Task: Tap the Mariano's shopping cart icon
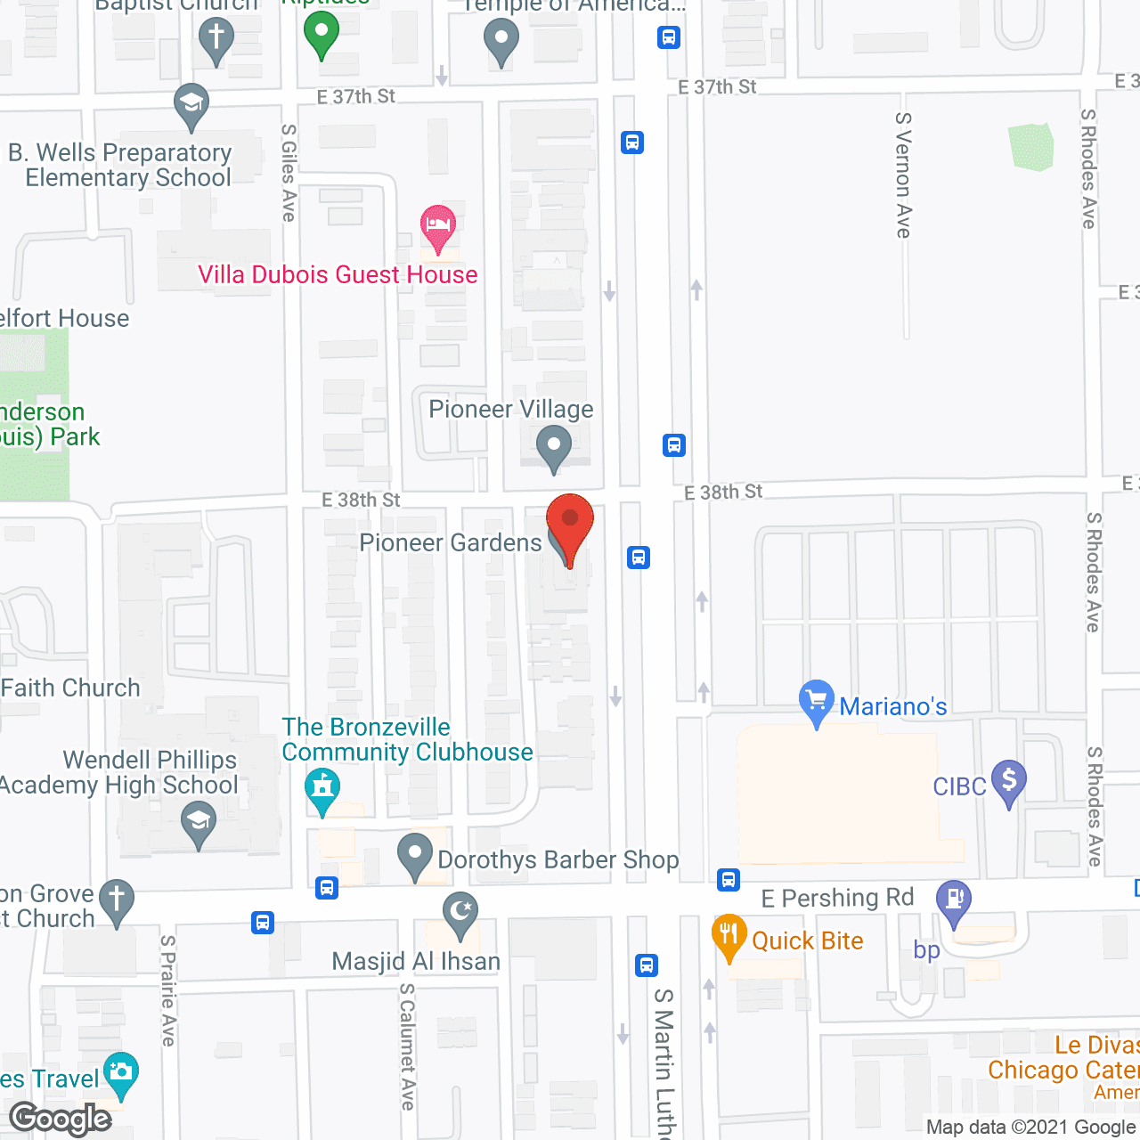[x=816, y=699]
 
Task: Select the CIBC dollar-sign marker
[x=1008, y=781]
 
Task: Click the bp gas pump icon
[x=954, y=900]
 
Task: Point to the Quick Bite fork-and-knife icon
[x=729, y=935]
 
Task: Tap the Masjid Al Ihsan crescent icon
[x=460, y=913]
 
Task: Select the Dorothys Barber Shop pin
[x=414, y=854]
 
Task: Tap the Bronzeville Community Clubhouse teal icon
[x=322, y=789]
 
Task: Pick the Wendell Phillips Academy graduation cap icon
[x=199, y=823]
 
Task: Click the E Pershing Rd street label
[x=837, y=898]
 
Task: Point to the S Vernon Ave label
[x=904, y=175]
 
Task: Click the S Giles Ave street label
[x=289, y=172]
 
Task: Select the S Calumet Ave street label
[x=408, y=1046]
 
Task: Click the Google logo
[x=61, y=1119]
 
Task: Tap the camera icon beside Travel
[x=120, y=1073]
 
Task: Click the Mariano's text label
[x=893, y=706]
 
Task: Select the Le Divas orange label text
[x=1096, y=1045]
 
